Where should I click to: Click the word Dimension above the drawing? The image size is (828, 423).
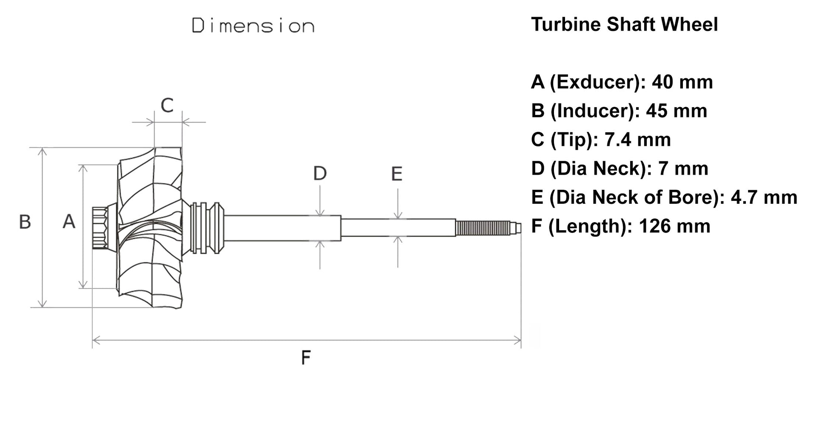click(253, 26)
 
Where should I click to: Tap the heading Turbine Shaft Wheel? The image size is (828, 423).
click(624, 24)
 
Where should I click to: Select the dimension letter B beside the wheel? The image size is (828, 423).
click(25, 222)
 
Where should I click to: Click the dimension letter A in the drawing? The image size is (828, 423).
click(69, 222)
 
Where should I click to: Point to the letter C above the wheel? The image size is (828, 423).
click(167, 105)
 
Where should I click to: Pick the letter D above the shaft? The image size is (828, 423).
click(320, 174)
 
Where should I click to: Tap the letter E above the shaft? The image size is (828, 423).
click(397, 174)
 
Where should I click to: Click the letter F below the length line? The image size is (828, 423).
click(306, 357)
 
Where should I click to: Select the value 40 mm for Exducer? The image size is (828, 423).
click(682, 82)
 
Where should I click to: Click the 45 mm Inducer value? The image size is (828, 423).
click(676, 111)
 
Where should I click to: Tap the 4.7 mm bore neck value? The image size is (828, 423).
click(764, 197)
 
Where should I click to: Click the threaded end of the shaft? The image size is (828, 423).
click(483, 228)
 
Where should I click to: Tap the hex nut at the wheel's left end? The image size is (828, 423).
click(100, 228)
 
